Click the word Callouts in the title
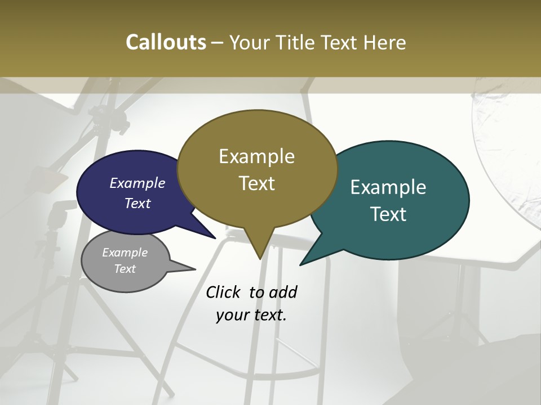pos(166,42)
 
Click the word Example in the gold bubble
pos(256,156)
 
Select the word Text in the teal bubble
pos(389,214)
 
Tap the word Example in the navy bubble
pos(138,183)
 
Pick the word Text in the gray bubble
pos(125,269)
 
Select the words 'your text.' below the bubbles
pos(251,315)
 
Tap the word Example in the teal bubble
pos(388,187)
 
